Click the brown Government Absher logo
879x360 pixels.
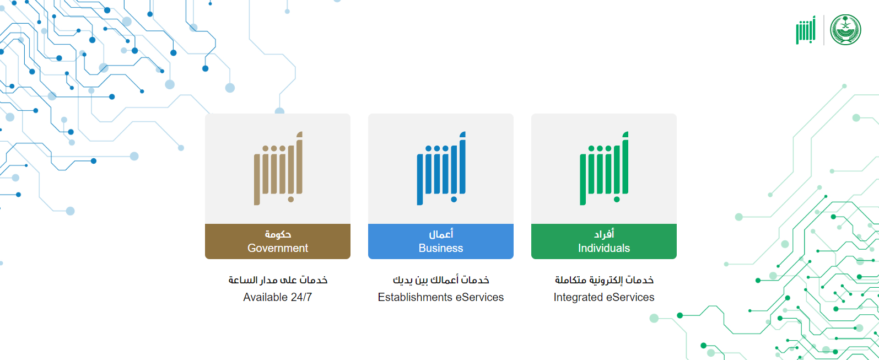click(x=278, y=168)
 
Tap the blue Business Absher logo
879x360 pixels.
click(x=441, y=168)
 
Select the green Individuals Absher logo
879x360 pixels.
click(x=605, y=168)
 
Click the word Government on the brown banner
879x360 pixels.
click(x=278, y=248)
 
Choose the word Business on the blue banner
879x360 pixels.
click(x=441, y=248)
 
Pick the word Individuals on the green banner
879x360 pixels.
click(x=604, y=248)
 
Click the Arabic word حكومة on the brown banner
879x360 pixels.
click(x=278, y=234)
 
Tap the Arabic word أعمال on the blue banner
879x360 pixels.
click(x=441, y=234)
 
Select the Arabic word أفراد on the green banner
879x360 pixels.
click(x=604, y=234)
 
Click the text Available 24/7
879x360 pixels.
click(x=277, y=297)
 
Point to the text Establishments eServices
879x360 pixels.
click(x=441, y=297)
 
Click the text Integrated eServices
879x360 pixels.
click(x=604, y=297)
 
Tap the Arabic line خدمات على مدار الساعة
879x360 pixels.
click(x=278, y=280)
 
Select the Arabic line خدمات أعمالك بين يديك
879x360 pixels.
click(x=441, y=280)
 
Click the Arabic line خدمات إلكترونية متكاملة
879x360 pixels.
click(x=605, y=280)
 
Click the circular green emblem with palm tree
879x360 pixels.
click(x=845, y=30)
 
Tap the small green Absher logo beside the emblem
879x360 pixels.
click(x=806, y=30)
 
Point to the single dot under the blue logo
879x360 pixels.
click(x=454, y=200)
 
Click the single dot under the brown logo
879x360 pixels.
click(x=291, y=200)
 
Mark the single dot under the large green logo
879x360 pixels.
click(x=617, y=200)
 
